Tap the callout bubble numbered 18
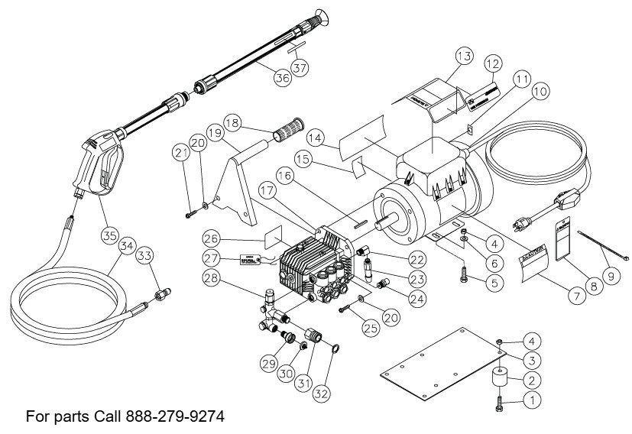coord(232,123)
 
